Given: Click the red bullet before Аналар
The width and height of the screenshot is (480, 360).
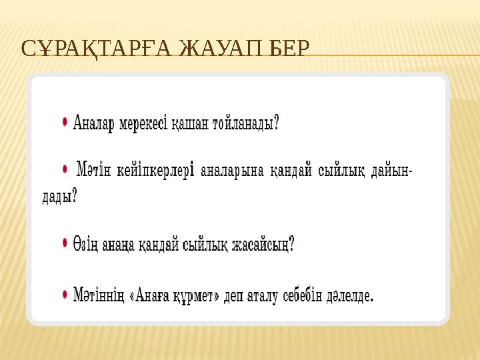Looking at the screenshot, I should pyautogui.click(x=65, y=121).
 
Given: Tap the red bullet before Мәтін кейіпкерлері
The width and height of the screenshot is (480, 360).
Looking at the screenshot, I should pyautogui.click(x=65, y=169).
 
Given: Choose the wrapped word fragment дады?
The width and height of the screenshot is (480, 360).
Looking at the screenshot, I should pyautogui.click(x=55, y=196).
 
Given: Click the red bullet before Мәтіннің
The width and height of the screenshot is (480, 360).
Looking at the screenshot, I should pyautogui.click(x=65, y=292).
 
